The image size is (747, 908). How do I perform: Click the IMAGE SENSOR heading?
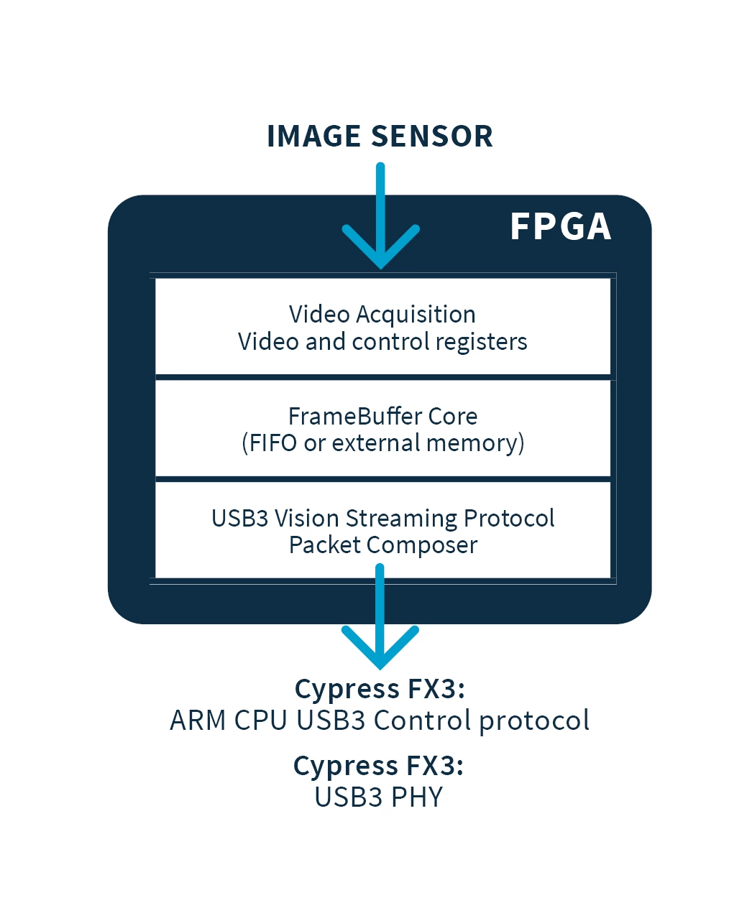(380, 136)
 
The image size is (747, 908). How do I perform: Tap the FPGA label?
(560, 227)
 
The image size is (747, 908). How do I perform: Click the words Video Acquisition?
(382, 315)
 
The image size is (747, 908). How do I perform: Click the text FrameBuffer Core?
(382, 417)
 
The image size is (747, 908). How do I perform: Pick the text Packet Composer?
(382, 545)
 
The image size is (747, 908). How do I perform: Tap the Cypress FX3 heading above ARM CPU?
(380, 689)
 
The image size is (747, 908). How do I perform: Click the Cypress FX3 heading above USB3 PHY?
(378, 766)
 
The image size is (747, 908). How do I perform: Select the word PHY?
(417, 797)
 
